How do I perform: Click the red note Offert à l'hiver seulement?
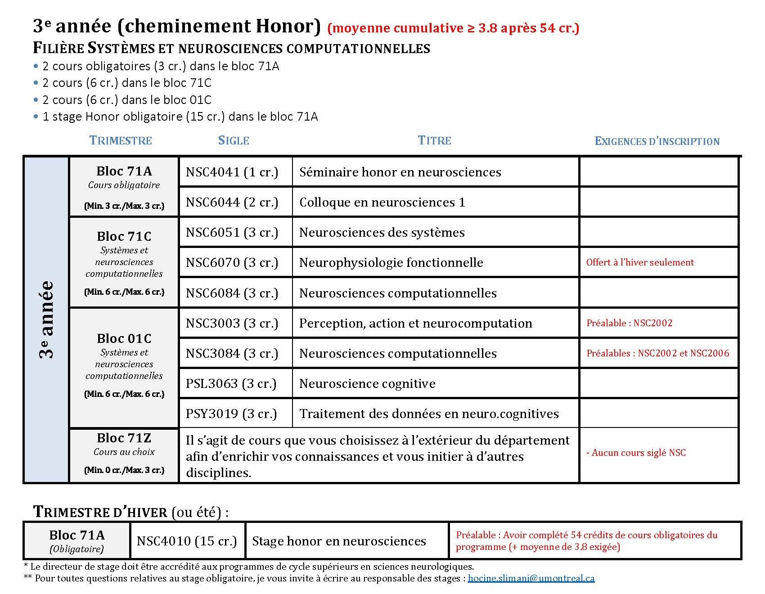click(639, 262)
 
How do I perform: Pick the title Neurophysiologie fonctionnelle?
click(391, 263)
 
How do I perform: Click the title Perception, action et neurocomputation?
click(415, 324)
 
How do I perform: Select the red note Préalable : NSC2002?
click(629, 323)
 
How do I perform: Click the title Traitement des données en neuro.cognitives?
click(429, 414)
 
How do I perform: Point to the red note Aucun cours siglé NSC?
click(636, 453)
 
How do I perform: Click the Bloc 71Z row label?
click(124, 438)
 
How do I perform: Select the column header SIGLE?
click(234, 140)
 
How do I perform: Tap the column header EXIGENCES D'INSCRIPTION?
click(657, 141)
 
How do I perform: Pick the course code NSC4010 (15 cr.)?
click(187, 541)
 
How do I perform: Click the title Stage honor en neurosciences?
click(339, 541)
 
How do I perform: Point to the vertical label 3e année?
click(46, 319)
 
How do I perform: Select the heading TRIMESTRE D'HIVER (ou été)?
click(130, 512)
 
